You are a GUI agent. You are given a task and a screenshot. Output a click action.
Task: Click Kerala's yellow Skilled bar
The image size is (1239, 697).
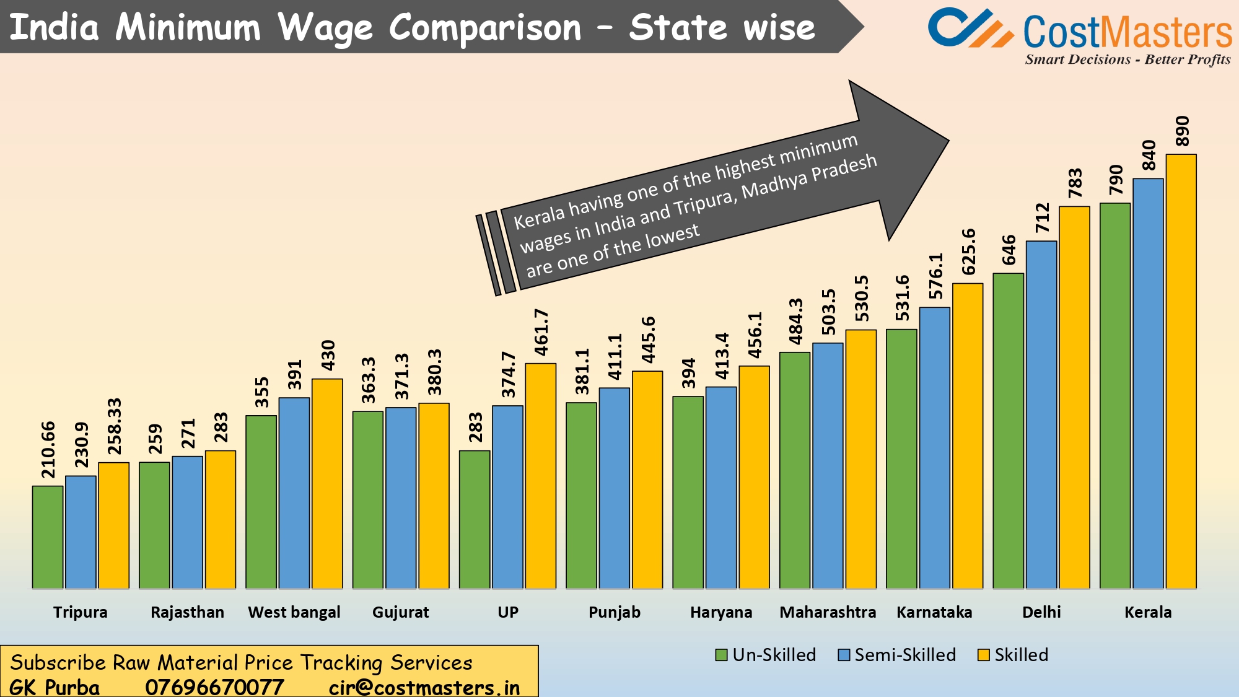pos(1181,372)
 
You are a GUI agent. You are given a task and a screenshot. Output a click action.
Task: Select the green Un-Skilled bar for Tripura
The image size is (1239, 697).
pos(48,537)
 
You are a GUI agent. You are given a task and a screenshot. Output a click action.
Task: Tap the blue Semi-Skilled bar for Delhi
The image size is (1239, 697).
pos(1041,415)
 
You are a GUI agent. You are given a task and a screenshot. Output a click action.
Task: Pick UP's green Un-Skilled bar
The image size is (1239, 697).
pos(475,519)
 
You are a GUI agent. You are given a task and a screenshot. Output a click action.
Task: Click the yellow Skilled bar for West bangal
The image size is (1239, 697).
pos(327,483)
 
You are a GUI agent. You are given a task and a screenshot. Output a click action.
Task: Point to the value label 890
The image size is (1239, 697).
pos(1182,131)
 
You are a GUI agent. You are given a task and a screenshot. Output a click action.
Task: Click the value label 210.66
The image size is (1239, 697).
pos(48,450)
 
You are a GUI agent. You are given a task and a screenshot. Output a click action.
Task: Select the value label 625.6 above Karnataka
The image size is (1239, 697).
pos(968,252)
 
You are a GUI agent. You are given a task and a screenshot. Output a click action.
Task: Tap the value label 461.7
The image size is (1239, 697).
pos(541,332)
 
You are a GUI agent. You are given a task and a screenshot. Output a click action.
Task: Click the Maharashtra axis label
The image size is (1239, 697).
pos(828,612)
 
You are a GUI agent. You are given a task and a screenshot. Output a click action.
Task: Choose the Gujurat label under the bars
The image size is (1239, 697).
pos(400,612)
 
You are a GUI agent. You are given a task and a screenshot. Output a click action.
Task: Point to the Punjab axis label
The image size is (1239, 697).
pos(614,612)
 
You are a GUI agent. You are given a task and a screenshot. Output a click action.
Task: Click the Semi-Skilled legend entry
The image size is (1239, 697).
pos(897,655)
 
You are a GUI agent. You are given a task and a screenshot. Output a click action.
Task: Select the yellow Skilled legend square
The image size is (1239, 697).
pos(983,655)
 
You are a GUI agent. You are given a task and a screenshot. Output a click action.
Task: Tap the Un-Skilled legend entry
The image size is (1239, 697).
pos(766,655)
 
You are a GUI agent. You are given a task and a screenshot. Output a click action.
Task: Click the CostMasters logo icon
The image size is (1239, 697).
pos(970,28)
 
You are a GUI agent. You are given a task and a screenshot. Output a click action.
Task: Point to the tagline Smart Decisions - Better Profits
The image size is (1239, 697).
pos(1127,59)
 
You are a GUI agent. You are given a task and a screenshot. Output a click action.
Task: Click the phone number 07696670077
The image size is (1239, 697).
pos(214,687)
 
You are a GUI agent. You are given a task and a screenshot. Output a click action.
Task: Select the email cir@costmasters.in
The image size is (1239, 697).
pos(424,687)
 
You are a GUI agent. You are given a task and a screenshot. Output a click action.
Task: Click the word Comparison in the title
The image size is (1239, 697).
pos(485,28)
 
